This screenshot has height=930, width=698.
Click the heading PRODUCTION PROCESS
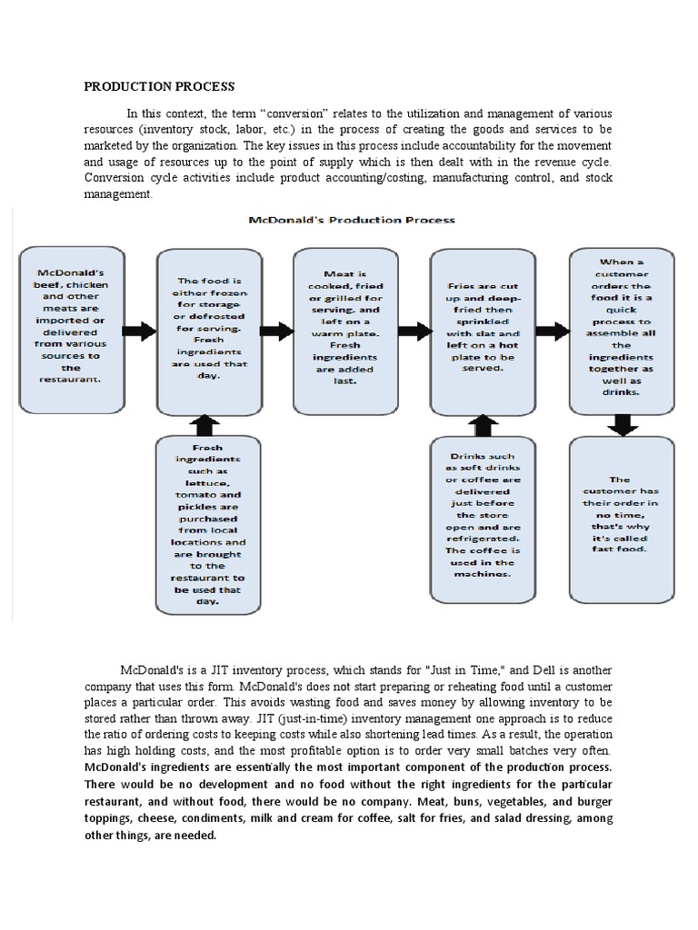(159, 86)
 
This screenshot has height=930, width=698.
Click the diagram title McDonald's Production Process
(352, 220)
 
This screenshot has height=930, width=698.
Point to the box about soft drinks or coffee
(482, 519)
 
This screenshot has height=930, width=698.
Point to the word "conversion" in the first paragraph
(299, 113)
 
